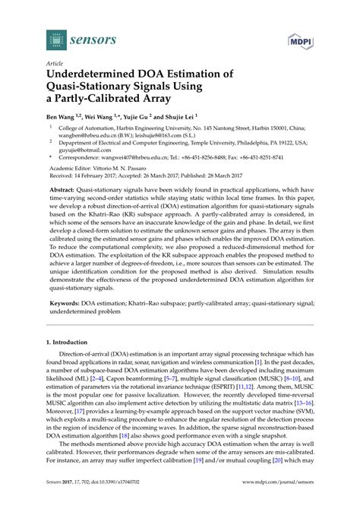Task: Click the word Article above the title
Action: (x=55, y=65)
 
